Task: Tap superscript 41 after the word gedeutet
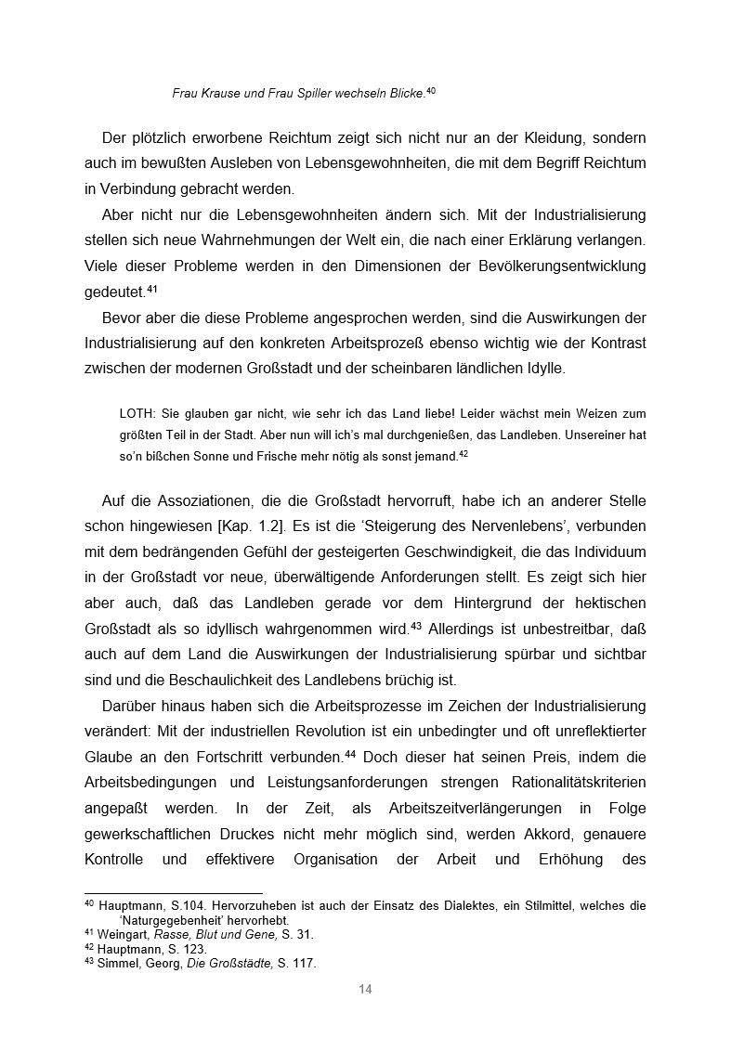(x=152, y=289)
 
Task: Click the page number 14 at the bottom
(x=365, y=989)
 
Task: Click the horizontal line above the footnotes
(x=173, y=893)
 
